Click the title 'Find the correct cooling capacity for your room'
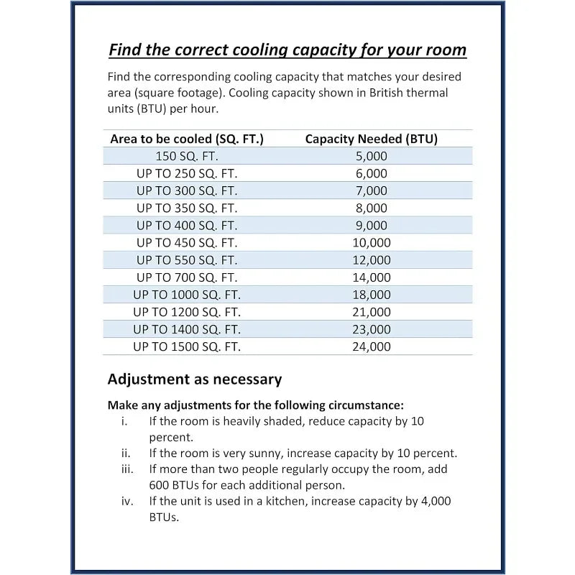coord(287,50)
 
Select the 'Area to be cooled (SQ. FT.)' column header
coord(187,139)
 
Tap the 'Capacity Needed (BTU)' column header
coord(371,139)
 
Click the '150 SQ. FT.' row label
coord(187,156)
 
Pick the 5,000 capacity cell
coord(371,156)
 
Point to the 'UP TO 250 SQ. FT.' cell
coord(187,173)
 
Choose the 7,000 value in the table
coord(371,190)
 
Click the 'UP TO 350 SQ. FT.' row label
coord(187,208)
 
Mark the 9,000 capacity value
coord(371,225)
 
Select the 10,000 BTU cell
coord(371,242)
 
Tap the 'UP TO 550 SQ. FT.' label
coord(187,259)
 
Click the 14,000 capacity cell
coord(371,277)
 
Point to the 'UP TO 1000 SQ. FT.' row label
coord(187,294)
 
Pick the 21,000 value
coord(371,311)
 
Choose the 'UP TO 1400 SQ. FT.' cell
coord(187,328)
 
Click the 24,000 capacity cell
coord(371,346)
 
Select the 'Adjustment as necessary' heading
coord(194,379)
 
